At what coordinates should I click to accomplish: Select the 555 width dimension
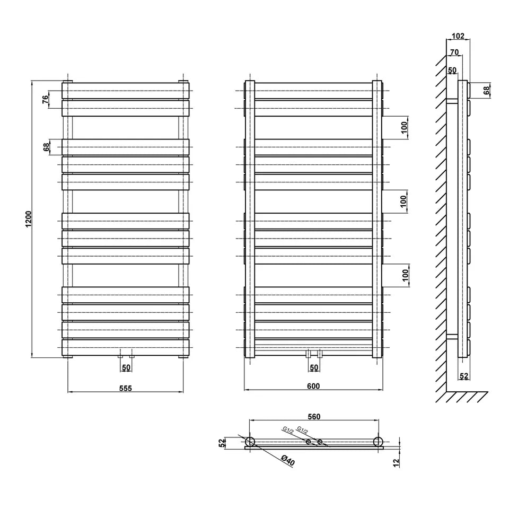pyautogui.click(x=125, y=388)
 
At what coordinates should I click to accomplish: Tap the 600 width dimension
pyautogui.click(x=313, y=386)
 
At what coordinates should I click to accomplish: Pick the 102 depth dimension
pyautogui.click(x=458, y=36)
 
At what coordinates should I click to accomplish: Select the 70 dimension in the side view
pyautogui.click(x=454, y=52)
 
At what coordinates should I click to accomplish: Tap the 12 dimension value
pyautogui.click(x=396, y=463)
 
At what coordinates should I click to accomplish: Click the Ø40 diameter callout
pyautogui.click(x=287, y=460)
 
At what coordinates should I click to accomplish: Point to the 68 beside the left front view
pyautogui.click(x=46, y=147)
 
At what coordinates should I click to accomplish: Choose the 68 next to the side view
pyautogui.click(x=487, y=90)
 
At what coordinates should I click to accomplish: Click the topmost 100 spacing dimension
pyautogui.click(x=404, y=127)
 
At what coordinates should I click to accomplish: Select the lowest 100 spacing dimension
pyautogui.click(x=404, y=275)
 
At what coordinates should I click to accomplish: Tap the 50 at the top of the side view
pyautogui.click(x=451, y=70)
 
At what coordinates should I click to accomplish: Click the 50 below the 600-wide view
pyautogui.click(x=314, y=367)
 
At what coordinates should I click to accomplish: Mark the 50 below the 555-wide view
pyautogui.click(x=126, y=367)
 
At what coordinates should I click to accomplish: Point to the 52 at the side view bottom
pyautogui.click(x=464, y=376)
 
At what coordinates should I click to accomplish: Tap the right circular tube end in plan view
pyautogui.click(x=378, y=442)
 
